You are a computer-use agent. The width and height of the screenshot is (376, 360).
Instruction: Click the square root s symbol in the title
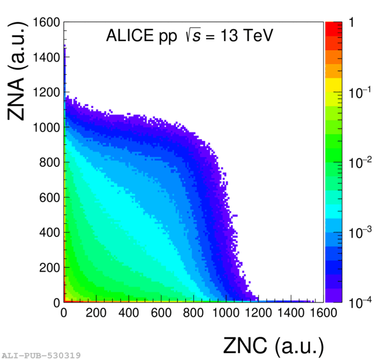coord(193,36)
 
